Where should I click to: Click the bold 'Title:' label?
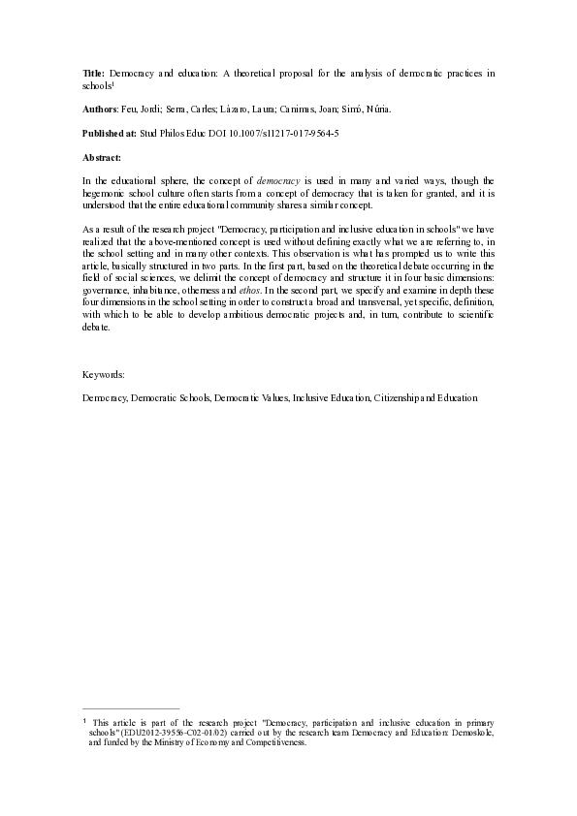click(93, 74)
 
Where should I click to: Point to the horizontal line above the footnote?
click(131, 709)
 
